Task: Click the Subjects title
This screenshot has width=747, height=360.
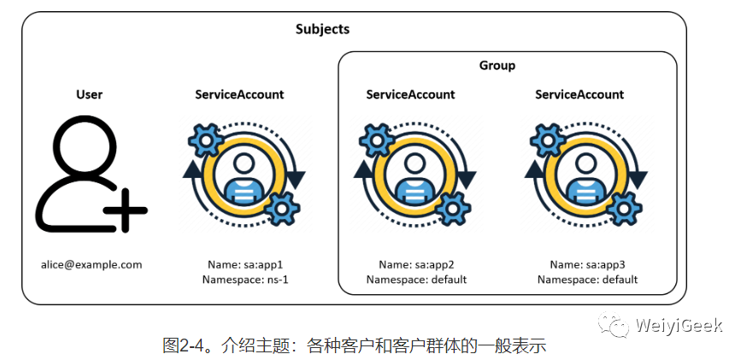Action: pyautogui.click(x=322, y=29)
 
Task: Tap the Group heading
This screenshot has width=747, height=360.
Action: pyautogui.click(x=497, y=65)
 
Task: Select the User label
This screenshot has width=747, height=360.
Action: pyautogui.click(x=89, y=94)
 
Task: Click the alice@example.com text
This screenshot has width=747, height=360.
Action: pyautogui.click(x=91, y=264)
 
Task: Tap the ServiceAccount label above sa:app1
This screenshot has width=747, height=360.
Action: pyautogui.click(x=239, y=94)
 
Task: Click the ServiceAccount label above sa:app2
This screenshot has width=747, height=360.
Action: pyautogui.click(x=410, y=94)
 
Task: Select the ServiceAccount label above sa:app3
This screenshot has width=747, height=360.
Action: pyautogui.click(x=579, y=94)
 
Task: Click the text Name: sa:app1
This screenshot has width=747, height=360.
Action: pyautogui.click(x=246, y=264)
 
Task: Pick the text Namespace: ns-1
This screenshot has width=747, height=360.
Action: pyautogui.click(x=246, y=280)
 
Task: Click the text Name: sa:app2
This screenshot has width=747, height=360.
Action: pyautogui.click(x=417, y=264)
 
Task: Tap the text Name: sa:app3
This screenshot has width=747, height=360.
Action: pyautogui.click(x=587, y=264)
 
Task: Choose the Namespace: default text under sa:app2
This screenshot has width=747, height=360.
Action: pyautogui.click(x=417, y=280)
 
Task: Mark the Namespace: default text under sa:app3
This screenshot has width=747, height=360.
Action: pyautogui.click(x=587, y=280)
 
